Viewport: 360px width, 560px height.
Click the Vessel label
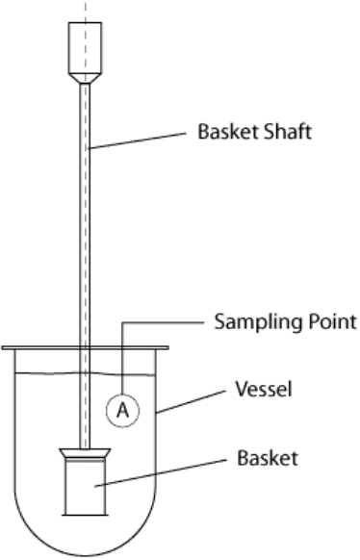point(264,389)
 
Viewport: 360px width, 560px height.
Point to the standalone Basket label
point(268,457)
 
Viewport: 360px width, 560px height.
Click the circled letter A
point(122,410)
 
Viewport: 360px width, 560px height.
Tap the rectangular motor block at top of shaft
point(85,48)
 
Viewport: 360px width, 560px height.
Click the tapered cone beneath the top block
point(85,79)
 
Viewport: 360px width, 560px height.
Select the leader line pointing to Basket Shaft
point(138,140)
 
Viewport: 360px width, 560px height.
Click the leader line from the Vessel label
point(192,401)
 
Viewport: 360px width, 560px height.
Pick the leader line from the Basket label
point(160,472)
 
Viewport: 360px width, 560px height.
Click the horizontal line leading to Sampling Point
point(163,323)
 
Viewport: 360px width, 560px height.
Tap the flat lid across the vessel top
point(85,347)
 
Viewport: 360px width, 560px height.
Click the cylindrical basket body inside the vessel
point(85,488)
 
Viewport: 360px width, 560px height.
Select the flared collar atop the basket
point(85,453)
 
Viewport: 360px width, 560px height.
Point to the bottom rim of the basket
point(85,515)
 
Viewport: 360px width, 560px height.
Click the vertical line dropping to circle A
point(122,358)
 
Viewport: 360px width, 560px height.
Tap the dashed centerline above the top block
point(85,12)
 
